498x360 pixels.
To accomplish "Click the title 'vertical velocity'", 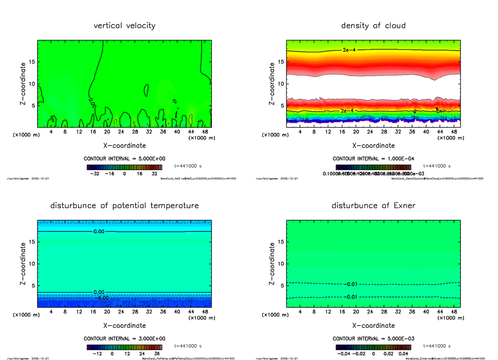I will pos(124,26).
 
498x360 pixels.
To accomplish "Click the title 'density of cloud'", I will pos(373,26).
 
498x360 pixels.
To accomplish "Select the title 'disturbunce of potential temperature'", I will pos(124,206).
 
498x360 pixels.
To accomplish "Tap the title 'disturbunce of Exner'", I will pos(373,206).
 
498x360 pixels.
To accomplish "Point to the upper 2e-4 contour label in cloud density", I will pos(349,50).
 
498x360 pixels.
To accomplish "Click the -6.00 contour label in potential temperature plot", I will pos(100,298).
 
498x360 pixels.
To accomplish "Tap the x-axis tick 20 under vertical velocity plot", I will pos(107,132).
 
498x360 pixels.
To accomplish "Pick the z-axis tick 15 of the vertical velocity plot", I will pos(32,62).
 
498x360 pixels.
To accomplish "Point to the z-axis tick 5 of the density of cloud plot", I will pos(283,105).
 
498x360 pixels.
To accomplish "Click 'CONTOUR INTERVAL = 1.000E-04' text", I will pos(373,158).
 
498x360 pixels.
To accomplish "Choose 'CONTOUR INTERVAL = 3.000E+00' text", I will pos(124,338).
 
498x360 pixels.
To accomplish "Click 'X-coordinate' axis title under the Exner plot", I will pos(373,326).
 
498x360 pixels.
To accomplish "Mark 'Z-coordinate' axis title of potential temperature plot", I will pos(24,264).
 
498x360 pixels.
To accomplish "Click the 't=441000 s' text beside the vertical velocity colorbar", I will pos(188,165).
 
